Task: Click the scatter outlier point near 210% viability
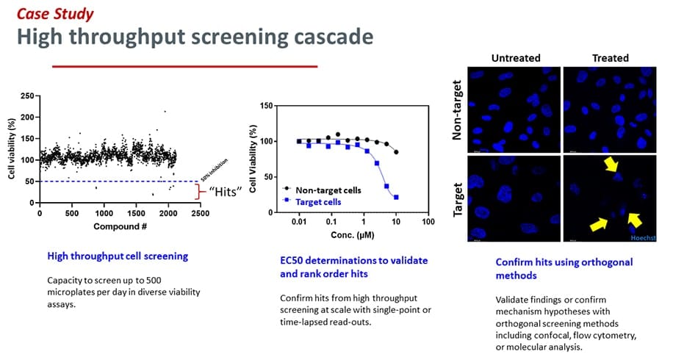[x=165, y=112]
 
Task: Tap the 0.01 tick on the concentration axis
[x=299, y=220]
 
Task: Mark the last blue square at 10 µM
[x=396, y=197]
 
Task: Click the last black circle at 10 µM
[x=396, y=152]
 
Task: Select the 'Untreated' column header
[x=516, y=58]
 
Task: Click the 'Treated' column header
[x=611, y=58]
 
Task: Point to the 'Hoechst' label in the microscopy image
[x=641, y=239]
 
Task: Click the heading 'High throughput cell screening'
[x=118, y=256]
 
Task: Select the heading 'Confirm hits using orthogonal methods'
[x=564, y=268]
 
